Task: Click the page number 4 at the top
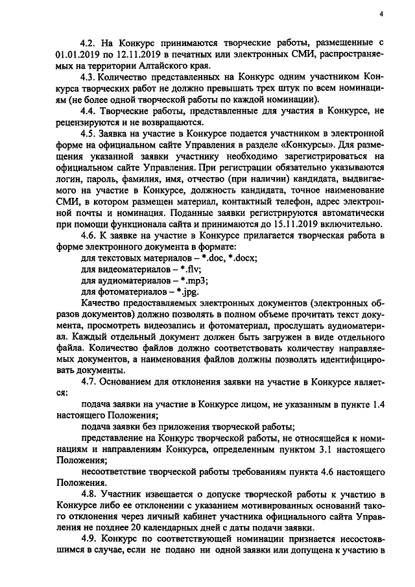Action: [x=381, y=15]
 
